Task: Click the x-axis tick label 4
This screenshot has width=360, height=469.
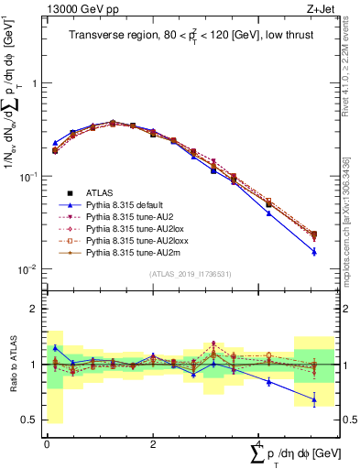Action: pos(259,443)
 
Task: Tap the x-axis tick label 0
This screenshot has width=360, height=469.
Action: pos(47,443)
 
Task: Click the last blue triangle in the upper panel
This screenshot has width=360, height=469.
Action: pos(313,251)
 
